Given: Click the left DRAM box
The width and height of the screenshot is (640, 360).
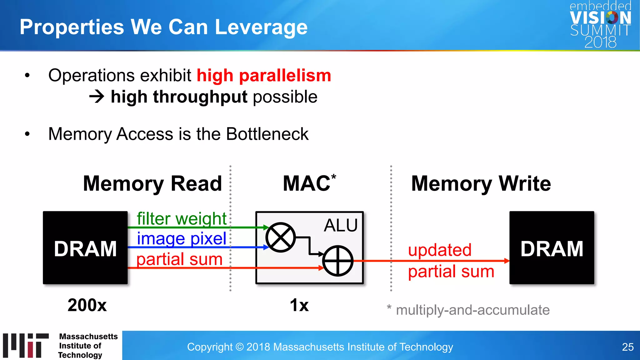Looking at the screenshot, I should coord(85,248).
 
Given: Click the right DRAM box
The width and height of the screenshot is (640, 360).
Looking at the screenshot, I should coord(552,248).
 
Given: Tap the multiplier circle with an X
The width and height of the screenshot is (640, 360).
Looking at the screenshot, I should coord(280,237).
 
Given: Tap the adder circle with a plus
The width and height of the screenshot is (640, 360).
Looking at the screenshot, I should coord(337,261).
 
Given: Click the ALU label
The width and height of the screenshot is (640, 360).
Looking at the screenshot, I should coord(341,225).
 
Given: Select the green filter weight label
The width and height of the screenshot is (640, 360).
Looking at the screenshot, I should coord(181,218).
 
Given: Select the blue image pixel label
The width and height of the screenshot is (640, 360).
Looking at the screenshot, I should coord(181,238).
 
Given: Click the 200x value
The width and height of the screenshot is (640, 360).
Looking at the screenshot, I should coord(87,305).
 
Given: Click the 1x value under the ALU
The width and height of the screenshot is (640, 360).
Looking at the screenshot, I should coord(299,305).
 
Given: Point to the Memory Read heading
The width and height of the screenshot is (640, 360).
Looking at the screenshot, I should coord(152,183).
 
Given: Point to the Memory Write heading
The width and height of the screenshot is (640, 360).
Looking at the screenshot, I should coord(481,183).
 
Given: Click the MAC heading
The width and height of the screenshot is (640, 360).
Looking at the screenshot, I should coord(307,183).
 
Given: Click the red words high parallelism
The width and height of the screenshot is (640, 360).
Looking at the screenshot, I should coord(263,76).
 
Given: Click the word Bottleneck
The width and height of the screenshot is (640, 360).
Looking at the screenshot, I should coord(267,134).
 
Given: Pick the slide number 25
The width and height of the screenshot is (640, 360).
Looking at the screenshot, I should coord(627,347).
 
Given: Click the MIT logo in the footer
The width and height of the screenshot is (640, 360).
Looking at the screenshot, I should coord(26,345).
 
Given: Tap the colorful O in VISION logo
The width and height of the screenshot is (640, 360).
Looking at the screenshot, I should coord(612,17).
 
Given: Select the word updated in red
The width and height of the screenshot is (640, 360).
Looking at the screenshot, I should coord(440,250).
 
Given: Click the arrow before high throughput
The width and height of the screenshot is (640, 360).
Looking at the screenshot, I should coord(97,97).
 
